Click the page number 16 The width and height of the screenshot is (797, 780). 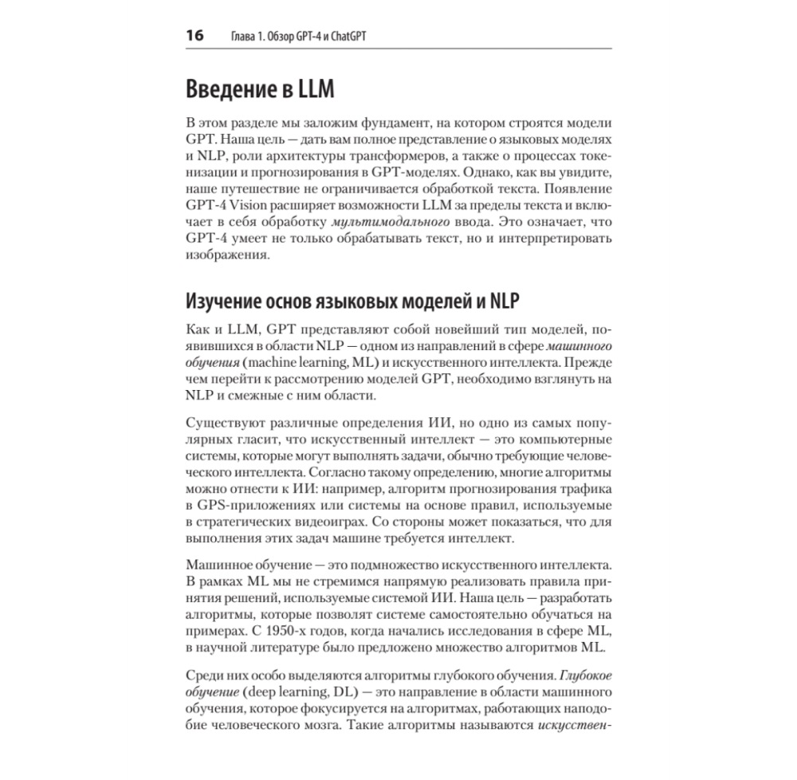pyautogui.click(x=194, y=36)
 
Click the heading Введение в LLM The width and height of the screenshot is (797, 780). pyautogui.click(x=260, y=89)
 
